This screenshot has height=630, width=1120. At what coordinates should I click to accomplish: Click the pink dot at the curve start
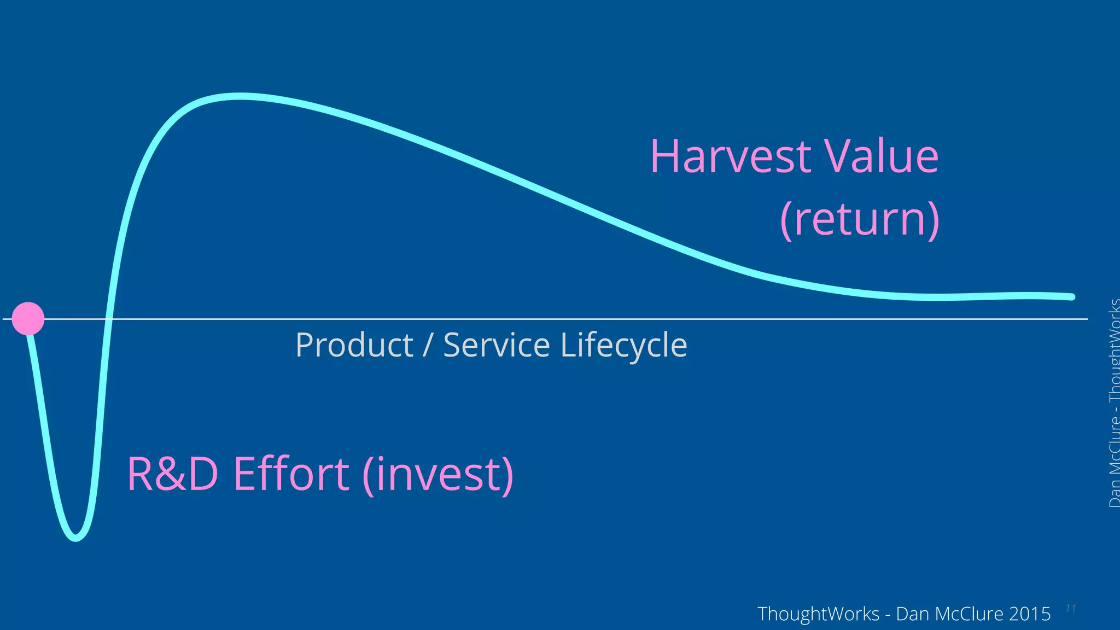(x=28, y=318)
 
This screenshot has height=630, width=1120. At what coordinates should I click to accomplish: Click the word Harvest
(x=730, y=157)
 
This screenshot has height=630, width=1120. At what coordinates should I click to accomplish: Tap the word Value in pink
(x=881, y=157)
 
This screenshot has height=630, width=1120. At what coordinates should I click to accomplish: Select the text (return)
(x=859, y=220)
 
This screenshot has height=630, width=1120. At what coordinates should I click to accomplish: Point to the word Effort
(x=291, y=474)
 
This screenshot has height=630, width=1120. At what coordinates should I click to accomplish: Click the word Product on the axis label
(x=354, y=346)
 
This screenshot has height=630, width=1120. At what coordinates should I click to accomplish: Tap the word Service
(x=496, y=346)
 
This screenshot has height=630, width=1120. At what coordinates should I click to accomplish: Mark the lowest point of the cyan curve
(x=75, y=538)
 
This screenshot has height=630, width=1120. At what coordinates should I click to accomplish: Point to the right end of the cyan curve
(x=1071, y=297)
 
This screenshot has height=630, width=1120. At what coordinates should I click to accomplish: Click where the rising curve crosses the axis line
(x=108, y=318)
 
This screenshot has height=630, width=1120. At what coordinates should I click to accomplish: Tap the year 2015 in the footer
(x=1030, y=614)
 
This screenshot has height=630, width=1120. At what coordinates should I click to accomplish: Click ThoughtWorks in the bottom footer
(x=818, y=614)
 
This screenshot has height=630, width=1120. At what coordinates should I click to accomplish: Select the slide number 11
(x=1070, y=609)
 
